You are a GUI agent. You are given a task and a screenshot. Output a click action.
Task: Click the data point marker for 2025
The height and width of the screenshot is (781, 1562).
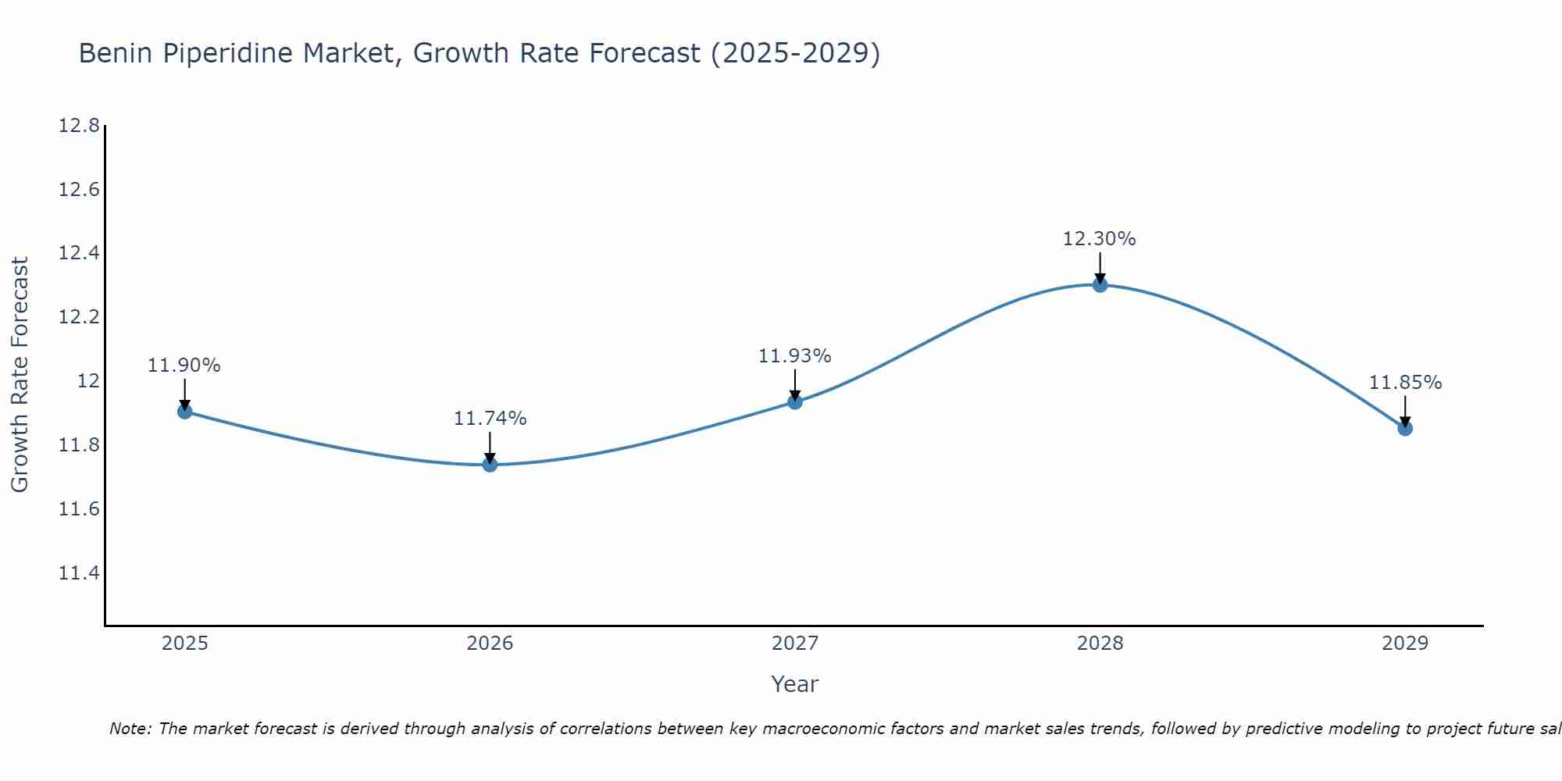(x=185, y=412)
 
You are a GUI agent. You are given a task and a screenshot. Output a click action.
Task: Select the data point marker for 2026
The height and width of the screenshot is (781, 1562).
(x=490, y=465)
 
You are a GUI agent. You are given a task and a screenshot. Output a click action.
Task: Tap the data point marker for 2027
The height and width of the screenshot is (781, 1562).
(x=795, y=401)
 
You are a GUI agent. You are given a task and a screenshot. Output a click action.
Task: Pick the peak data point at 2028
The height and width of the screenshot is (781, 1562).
(x=1100, y=285)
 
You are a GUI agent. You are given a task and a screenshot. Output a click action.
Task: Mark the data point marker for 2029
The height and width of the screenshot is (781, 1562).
(x=1405, y=428)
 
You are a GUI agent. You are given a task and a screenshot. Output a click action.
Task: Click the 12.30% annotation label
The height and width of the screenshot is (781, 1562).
(x=1099, y=239)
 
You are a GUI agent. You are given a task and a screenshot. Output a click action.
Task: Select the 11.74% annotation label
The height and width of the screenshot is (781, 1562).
(x=490, y=419)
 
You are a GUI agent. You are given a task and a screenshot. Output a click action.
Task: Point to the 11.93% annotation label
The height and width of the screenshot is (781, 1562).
(x=794, y=356)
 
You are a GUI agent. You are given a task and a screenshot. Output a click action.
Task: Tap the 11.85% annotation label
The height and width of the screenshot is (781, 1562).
(x=1405, y=383)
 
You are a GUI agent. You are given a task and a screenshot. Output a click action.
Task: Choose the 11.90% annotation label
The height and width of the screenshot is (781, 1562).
(x=184, y=366)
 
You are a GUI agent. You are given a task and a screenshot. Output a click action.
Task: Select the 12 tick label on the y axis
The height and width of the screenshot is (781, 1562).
(x=88, y=381)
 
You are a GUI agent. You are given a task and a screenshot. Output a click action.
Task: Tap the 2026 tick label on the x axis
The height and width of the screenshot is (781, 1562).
(x=490, y=644)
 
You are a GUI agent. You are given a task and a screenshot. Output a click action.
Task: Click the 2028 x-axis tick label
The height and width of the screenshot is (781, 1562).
(x=1100, y=644)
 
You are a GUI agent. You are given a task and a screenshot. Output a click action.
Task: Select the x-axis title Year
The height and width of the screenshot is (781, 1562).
(x=794, y=684)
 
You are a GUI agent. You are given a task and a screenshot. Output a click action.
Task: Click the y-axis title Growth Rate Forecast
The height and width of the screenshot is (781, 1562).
(x=20, y=375)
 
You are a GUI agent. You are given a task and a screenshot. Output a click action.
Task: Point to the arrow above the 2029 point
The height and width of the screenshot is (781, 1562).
(x=1405, y=410)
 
